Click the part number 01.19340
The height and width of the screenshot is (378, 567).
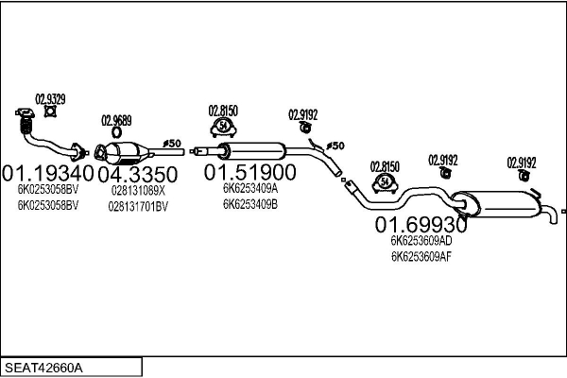pos(49,174)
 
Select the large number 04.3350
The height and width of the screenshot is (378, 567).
pos(138,174)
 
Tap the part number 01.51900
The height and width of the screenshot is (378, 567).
pos(250,172)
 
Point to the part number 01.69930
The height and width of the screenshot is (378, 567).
pos(421,225)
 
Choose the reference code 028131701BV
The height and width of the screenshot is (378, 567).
pos(138,205)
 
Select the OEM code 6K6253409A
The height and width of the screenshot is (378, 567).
pos(250,187)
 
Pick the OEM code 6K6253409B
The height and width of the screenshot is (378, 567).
pos(250,202)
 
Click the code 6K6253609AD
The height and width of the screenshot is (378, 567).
pos(421,241)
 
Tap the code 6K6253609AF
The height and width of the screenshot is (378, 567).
pos(421,256)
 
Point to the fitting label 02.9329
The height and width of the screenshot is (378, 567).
pos(51,98)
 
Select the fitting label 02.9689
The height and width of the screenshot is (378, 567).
pos(116,121)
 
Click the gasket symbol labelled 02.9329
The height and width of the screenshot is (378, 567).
pos(51,112)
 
